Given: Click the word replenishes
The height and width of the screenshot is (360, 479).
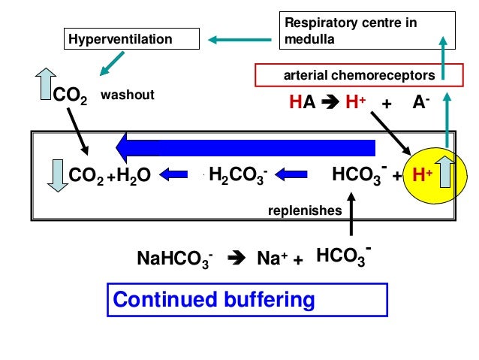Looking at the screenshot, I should (x=305, y=211).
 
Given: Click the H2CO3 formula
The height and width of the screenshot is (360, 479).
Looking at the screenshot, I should (x=238, y=176).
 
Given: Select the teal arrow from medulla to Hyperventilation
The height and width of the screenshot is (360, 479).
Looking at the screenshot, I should (x=241, y=38).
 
